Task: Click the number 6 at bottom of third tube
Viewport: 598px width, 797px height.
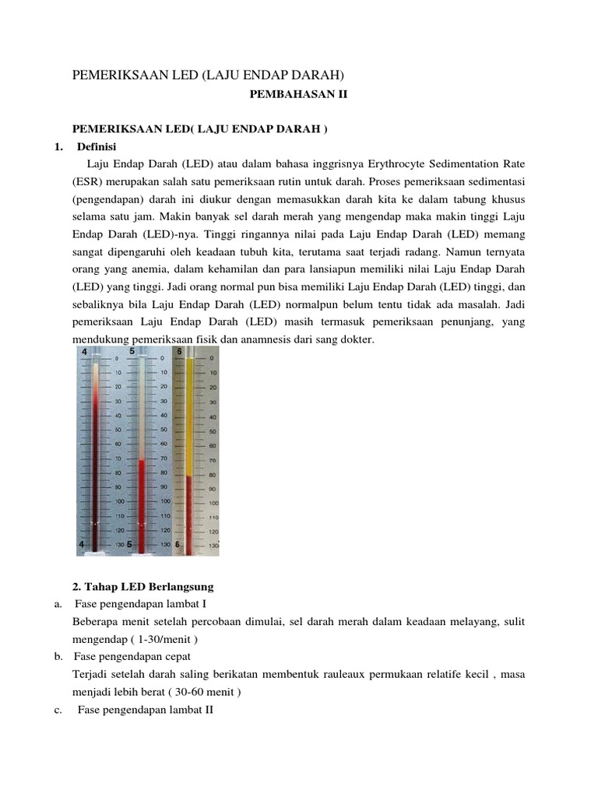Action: (x=178, y=545)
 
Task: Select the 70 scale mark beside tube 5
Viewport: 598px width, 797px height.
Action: (x=164, y=458)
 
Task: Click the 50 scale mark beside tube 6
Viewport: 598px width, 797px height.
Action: (x=213, y=431)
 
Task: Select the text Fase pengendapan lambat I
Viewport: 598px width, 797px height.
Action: (x=140, y=604)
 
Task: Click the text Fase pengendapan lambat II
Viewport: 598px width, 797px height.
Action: (x=145, y=710)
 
